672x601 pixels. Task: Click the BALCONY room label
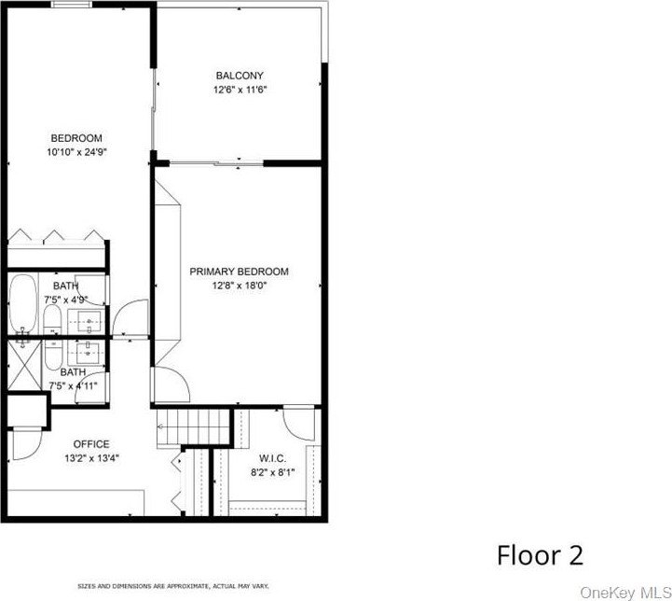[240, 76]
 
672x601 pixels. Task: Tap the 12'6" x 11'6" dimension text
[240, 91]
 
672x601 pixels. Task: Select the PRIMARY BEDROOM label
[240, 272]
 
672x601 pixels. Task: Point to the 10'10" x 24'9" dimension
[76, 152]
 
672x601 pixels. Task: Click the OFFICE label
[91, 444]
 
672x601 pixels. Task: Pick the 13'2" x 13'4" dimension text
[91, 458]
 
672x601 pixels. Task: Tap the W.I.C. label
[272, 458]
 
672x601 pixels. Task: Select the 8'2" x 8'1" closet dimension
[273, 473]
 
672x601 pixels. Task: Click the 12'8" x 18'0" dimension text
[240, 286]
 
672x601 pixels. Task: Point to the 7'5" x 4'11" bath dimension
[73, 386]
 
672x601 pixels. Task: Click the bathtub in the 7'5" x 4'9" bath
[23, 303]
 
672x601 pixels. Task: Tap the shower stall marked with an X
[24, 365]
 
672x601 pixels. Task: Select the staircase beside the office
[194, 428]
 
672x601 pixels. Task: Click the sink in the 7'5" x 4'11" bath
[89, 353]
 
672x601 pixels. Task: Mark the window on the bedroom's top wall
[72, 5]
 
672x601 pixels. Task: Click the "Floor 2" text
[540, 555]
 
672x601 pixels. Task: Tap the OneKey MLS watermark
[625, 593]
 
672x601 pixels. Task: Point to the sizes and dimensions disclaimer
[173, 586]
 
